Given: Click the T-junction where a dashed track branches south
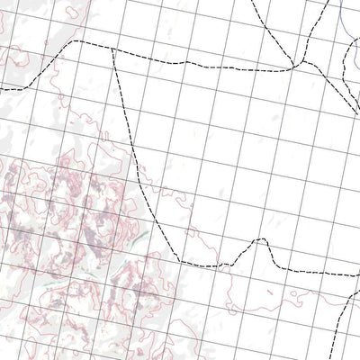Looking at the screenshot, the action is (112, 49).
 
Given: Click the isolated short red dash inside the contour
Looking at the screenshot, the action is (105, 134).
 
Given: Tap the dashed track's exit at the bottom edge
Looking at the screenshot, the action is (335, 357).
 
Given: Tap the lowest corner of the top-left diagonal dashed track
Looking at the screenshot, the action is (27, 87).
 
